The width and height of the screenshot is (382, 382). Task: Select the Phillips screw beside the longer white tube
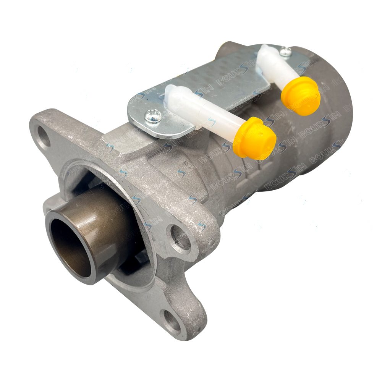153,115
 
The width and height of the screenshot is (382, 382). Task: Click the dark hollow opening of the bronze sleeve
71,250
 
